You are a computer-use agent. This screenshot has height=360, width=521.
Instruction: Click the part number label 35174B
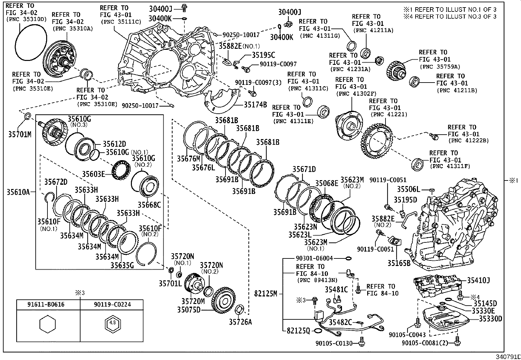(255, 105)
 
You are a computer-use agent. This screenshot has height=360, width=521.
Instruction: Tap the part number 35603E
(93, 174)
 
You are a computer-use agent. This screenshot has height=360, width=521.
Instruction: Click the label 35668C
(149, 205)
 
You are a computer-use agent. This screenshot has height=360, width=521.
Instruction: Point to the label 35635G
(122, 265)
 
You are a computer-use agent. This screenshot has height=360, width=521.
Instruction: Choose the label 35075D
(189, 309)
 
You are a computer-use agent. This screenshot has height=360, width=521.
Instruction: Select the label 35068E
(327, 183)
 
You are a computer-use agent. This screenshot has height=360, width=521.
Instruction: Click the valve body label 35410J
(478, 280)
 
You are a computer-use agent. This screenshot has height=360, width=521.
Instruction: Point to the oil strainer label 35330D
(491, 318)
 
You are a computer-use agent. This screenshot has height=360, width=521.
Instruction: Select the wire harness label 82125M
(266, 294)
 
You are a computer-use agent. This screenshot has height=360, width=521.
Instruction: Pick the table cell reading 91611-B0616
(48, 304)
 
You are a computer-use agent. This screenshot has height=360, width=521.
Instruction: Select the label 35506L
(408, 189)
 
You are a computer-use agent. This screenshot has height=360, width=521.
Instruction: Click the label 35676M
(189, 159)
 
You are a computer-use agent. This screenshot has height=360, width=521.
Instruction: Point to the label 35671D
(304, 169)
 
